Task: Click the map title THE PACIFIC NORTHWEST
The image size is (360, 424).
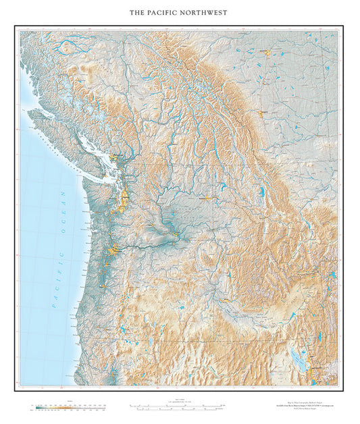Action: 180,13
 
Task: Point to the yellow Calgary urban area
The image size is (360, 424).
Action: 265,112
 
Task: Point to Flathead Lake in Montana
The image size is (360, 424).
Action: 261,193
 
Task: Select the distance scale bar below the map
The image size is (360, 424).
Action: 177,408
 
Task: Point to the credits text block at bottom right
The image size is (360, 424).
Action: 300,406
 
